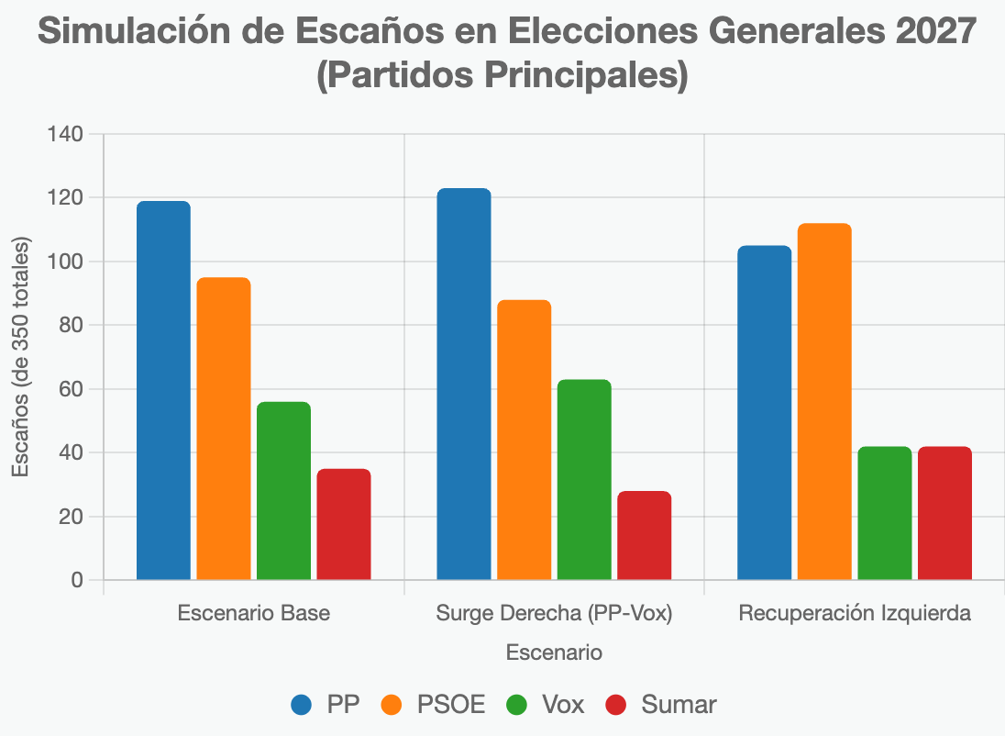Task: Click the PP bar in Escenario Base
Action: pos(163,390)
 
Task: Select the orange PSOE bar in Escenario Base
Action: pos(224,429)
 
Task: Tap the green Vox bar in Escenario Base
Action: pos(283,491)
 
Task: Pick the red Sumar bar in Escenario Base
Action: pos(344,524)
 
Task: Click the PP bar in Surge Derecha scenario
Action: pos(464,384)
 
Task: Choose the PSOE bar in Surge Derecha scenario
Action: pos(524,440)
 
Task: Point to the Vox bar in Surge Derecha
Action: pos(584,479)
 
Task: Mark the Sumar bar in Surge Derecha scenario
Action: pos(644,535)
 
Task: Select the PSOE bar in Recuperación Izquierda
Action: pos(824,401)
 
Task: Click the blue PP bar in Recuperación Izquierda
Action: pos(765,412)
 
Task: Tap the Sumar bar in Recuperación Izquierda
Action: pos(944,513)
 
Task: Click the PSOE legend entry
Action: pos(436,705)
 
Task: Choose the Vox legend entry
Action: pos(545,705)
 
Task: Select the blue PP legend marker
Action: pos(304,705)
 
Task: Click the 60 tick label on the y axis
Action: pos(71,389)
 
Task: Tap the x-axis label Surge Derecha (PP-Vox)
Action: pos(554,614)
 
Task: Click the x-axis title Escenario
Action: pos(554,652)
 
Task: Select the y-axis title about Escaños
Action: pos(21,356)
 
